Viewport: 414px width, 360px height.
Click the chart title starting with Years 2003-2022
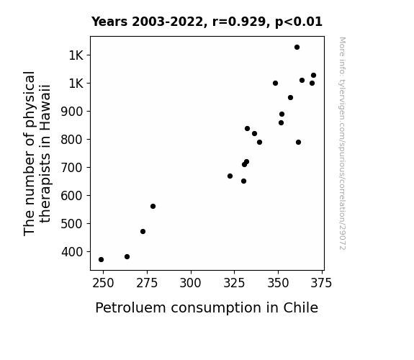click(207, 22)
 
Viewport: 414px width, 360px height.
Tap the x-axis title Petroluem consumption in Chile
click(207, 308)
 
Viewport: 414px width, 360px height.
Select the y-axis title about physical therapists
click(37, 153)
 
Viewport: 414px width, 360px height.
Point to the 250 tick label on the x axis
click(103, 283)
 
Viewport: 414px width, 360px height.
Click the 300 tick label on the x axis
click(190, 283)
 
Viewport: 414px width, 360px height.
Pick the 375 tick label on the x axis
click(321, 283)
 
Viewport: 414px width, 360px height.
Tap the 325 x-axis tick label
click(234, 283)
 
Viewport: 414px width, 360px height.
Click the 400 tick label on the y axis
click(72, 252)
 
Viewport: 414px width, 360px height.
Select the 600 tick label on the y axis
click(72, 196)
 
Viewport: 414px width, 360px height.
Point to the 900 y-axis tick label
click(72, 112)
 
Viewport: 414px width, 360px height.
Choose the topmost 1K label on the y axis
click(76, 55)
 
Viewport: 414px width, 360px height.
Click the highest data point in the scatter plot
click(297, 48)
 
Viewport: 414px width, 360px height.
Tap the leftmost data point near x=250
click(101, 260)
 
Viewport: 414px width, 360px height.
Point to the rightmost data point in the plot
click(313, 76)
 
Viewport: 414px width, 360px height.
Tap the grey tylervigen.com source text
click(342, 143)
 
